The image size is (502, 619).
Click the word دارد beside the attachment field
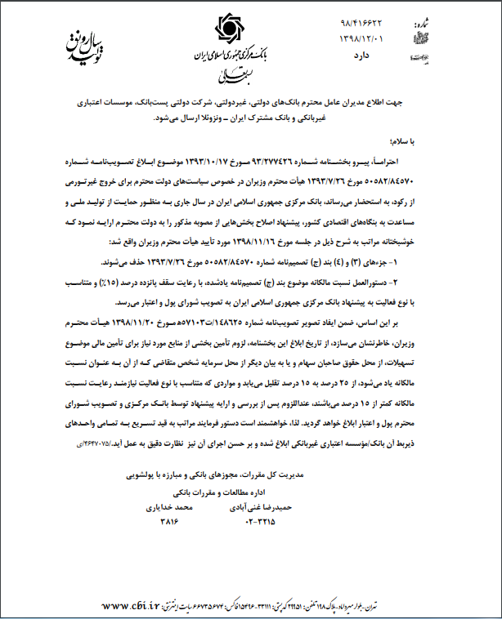361,54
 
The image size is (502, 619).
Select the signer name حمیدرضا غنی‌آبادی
259,507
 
